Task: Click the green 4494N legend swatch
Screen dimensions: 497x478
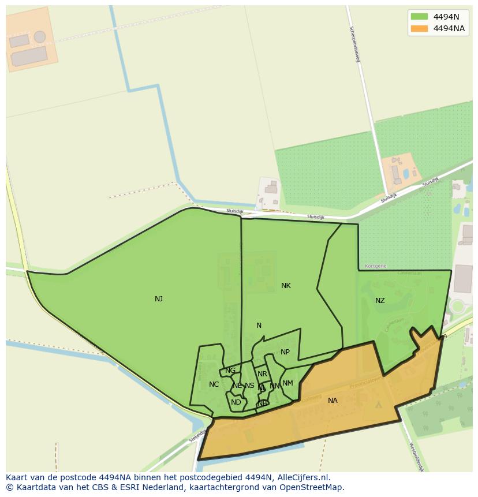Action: coord(419,16)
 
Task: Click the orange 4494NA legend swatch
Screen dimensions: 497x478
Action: coord(419,28)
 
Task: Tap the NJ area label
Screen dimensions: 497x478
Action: coord(159,299)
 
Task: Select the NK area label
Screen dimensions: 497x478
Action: coord(286,286)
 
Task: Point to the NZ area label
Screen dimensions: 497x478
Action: coord(380,301)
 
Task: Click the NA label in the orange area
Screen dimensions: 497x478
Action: coord(333,401)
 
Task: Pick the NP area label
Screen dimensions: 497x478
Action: coord(285,352)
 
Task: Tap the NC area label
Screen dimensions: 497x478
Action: coord(214,384)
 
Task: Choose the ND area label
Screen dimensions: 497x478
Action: coord(236,402)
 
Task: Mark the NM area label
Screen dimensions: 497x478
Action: coord(287,383)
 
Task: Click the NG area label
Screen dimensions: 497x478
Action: coord(230,371)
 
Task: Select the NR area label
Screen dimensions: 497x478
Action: coord(263,374)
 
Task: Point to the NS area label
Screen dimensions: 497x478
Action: coord(249,386)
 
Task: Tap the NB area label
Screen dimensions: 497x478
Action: coord(263,403)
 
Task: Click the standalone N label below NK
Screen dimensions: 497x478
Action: coord(259,326)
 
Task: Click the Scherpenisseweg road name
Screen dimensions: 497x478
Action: coord(354,44)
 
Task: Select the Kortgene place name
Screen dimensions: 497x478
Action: coord(376,266)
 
